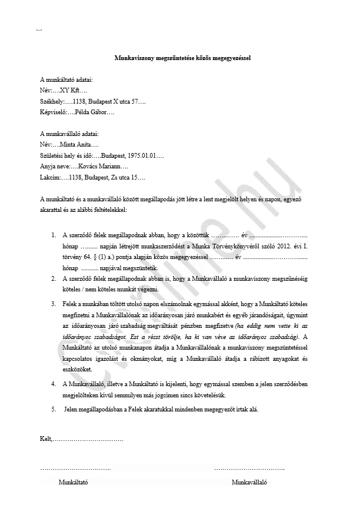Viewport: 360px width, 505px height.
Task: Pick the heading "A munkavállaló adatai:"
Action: coord(69,134)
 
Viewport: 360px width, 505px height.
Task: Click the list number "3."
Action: coord(55,304)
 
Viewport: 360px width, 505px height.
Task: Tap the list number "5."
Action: coord(55,408)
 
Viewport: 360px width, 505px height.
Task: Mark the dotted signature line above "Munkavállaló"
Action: coord(249,469)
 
